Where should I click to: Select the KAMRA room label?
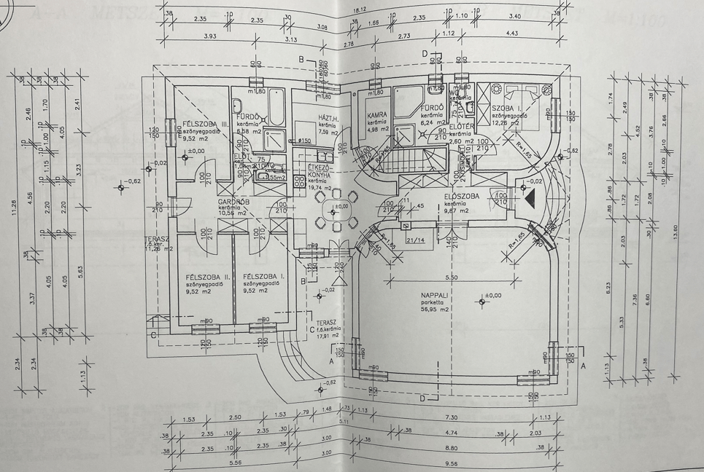point(376,115)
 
